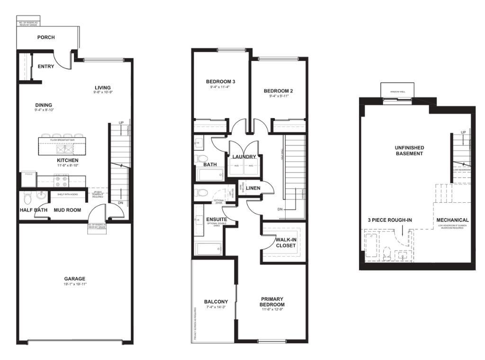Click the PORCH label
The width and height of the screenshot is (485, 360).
(x=46, y=37)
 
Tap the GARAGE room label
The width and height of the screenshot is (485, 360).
(x=75, y=279)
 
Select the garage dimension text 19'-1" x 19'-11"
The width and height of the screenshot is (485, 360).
(x=75, y=284)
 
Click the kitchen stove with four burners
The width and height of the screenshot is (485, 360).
(x=62, y=180)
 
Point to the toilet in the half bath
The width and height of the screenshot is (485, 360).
(x=27, y=197)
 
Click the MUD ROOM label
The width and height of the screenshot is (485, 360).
(x=67, y=210)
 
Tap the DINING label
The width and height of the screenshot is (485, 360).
(x=44, y=105)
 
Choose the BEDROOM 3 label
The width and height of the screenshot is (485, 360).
(x=221, y=81)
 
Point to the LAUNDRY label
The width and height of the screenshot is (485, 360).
(x=244, y=157)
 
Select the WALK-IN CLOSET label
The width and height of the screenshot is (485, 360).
(x=285, y=243)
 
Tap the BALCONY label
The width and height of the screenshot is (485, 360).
(x=216, y=302)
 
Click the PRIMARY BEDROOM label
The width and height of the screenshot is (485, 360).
(x=272, y=302)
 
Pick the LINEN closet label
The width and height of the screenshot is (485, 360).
(x=253, y=188)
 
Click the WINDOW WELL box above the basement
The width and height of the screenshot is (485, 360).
(x=397, y=91)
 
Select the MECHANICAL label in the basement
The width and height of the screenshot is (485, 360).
(x=452, y=220)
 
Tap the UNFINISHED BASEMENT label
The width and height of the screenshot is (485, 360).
(x=409, y=151)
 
